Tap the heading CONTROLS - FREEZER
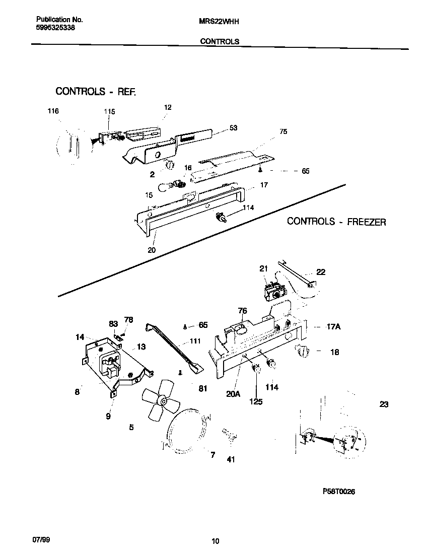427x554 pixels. click(x=336, y=222)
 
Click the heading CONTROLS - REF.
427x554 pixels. click(x=96, y=92)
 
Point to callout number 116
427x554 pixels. click(x=53, y=111)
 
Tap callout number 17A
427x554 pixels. click(x=334, y=327)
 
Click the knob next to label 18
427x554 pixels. click(x=302, y=351)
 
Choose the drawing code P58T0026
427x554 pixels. click(x=339, y=492)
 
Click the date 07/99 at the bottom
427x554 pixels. click(x=41, y=540)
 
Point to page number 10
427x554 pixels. click(x=215, y=541)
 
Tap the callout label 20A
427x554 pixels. click(x=233, y=394)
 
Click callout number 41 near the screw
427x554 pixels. click(x=231, y=459)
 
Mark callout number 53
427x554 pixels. click(x=233, y=128)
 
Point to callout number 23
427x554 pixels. click(x=384, y=404)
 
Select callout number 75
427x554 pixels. click(x=283, y=131)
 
